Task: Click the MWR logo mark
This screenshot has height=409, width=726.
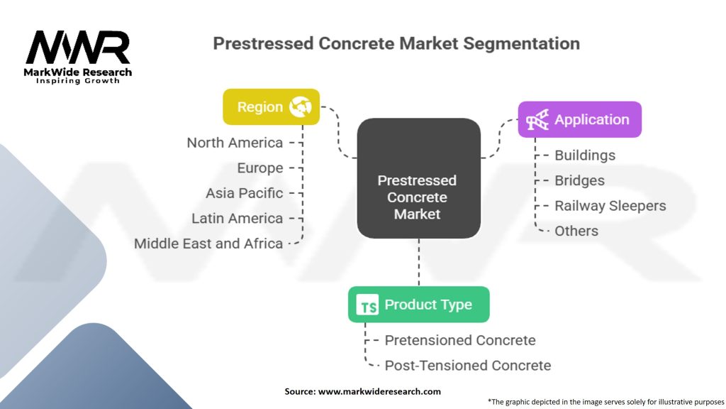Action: [78, 48]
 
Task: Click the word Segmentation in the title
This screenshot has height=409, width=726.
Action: [521, 43]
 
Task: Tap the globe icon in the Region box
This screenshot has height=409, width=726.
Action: [301, 107]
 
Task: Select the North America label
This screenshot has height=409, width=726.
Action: [235, 143]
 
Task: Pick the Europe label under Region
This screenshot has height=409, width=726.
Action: [259, 168]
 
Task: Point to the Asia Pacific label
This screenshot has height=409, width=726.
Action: [244, 193]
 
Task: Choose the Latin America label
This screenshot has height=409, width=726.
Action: [237, 219]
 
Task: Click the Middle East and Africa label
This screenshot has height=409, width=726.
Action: [208, 244]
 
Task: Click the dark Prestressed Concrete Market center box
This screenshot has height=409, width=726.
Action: [418, 178]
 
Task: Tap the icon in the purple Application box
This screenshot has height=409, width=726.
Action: [537, 119]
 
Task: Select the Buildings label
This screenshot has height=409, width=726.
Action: [585, 156]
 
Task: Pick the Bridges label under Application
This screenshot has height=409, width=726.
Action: [579, 180]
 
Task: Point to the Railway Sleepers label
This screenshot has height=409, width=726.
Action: [610, 206]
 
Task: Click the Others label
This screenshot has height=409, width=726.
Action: [576, 231]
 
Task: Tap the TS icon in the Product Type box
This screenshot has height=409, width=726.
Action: [368, 305]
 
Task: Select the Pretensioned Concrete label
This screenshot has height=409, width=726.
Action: [459, 340]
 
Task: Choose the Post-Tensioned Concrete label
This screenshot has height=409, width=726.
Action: [468, 366]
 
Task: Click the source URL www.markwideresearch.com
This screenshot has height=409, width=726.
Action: [379, 391]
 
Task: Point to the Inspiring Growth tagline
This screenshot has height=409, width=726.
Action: [78, 81]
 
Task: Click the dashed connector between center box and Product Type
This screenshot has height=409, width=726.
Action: [419, 263]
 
